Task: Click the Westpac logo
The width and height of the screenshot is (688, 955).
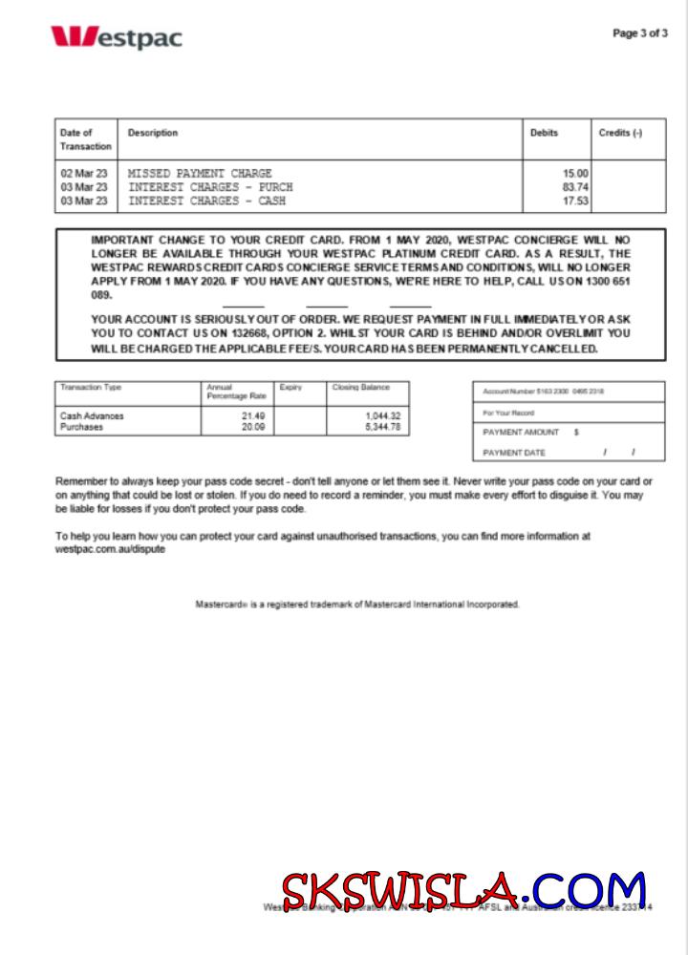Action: coord(116,37)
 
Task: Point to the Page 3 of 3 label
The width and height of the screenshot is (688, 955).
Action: coord(639,33)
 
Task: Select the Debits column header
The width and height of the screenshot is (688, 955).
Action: coord(544,133)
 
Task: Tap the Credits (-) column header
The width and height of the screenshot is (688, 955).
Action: coord(620,133)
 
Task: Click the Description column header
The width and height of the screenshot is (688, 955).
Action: coord(153,133)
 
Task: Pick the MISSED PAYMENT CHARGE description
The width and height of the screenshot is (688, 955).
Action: coord(200,174)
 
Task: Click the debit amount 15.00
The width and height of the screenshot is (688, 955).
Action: coord(575,174)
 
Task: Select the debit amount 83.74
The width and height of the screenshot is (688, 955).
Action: coord(575,187)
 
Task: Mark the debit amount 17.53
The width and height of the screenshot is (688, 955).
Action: coord(575,202)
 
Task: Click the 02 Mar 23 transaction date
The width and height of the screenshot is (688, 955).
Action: coord(84,174)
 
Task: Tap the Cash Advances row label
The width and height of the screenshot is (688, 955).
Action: coord(92,416)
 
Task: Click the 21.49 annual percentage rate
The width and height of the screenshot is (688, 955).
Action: coord(253,416)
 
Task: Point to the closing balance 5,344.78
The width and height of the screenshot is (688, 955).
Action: coord(382,428)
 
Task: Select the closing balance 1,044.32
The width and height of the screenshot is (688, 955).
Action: coord(382,416)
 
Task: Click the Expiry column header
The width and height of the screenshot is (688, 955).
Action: coord(290,388)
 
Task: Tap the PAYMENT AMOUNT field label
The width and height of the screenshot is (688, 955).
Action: coord(522,433)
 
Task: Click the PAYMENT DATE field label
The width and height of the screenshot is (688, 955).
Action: coord(514,453)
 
